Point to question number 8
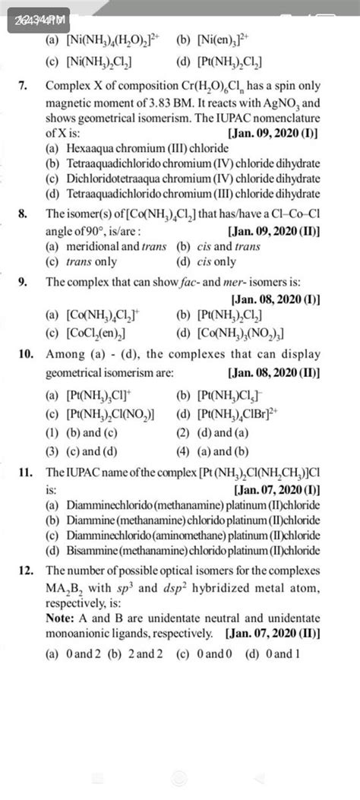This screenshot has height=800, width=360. pos(27,215)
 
